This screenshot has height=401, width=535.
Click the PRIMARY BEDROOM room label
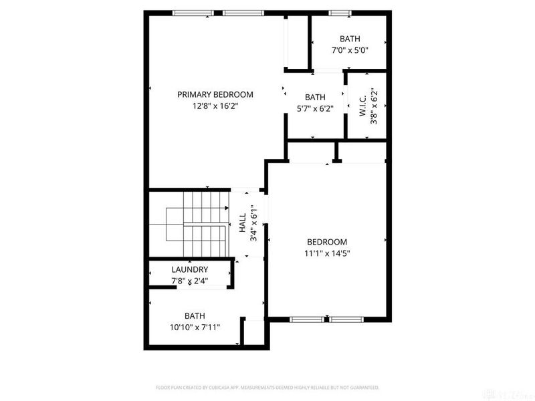[215, 94]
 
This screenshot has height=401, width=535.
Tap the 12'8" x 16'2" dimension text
[215, 106]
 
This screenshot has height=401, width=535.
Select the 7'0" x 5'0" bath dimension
[350, 50]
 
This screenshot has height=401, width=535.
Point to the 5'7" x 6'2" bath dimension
[315, 109]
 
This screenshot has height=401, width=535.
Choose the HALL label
[242, 223]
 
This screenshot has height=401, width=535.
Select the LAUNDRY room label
[189, 269]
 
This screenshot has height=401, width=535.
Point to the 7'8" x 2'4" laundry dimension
[189, 281]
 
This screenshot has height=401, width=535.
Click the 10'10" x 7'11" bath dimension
[195, 327]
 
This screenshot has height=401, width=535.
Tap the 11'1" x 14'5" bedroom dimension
[327, 253]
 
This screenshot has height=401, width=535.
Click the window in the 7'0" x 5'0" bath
[340, 13]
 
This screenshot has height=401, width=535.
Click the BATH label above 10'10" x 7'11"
[195, 315]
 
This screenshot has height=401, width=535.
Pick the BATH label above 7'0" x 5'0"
[350, 39]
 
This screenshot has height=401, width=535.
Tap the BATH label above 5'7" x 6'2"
[315, 97]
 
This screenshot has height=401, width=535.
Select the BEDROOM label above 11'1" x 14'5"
[327, 242]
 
